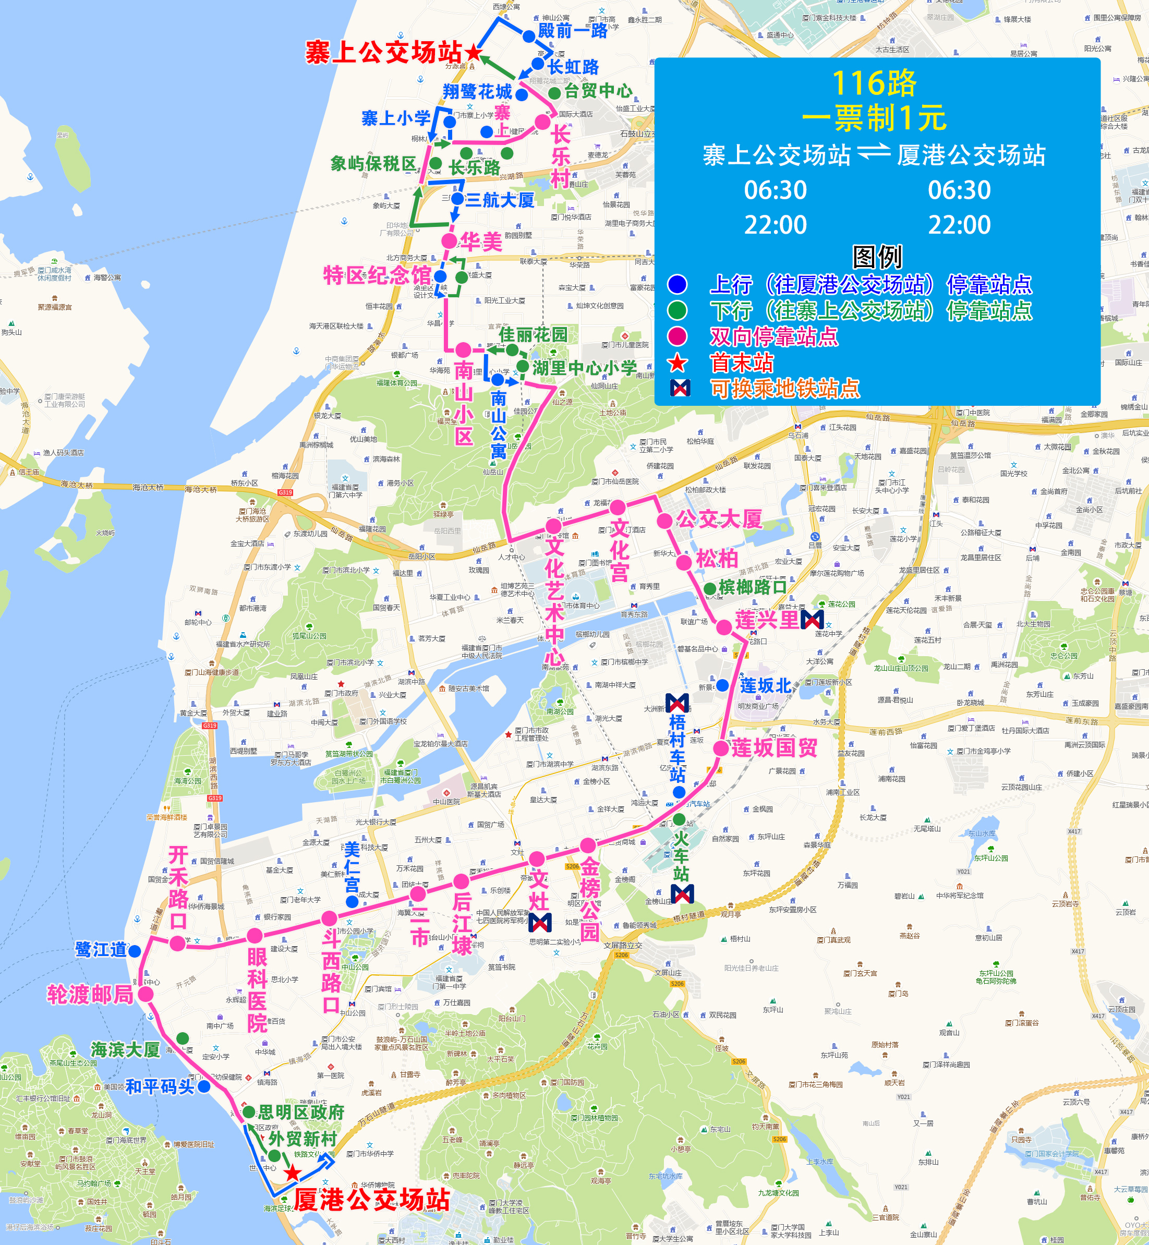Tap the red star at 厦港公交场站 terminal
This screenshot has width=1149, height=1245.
click(x=292, y=1174)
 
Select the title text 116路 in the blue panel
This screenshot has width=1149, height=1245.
click(x=874, y=83)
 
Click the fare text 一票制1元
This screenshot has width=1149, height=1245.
click(x=874, y=118)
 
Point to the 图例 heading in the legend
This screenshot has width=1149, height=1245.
click(x=877, y=256)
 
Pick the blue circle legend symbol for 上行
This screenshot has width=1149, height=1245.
click(x=677, y=284)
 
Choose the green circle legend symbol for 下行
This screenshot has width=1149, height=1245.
click(x=677, y=310)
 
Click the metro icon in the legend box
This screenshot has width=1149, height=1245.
click(x=680, y=388)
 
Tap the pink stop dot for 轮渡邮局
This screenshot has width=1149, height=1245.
click(x=146, y=994)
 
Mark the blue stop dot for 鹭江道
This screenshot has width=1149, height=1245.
click(x=134, y=950)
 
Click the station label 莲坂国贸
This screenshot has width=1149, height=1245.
click(x=774, y=747)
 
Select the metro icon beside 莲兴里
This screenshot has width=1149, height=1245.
click(x=812, y=619)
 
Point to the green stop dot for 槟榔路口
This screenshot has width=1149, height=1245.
click(x=709, y=588)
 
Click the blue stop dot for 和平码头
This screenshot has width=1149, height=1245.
click(x=204, y=1087)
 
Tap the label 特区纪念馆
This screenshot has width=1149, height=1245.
click(x=377, y=275)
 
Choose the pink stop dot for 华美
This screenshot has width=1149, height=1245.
click(x=449, y=241)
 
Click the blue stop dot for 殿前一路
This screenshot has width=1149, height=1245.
click(x=528, y=37)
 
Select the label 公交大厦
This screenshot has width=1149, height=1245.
click(x=719, y=518)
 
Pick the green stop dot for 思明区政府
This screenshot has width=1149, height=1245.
click(x=249, y=1112)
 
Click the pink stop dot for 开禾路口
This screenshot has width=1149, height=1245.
click(x=178, y=944)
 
